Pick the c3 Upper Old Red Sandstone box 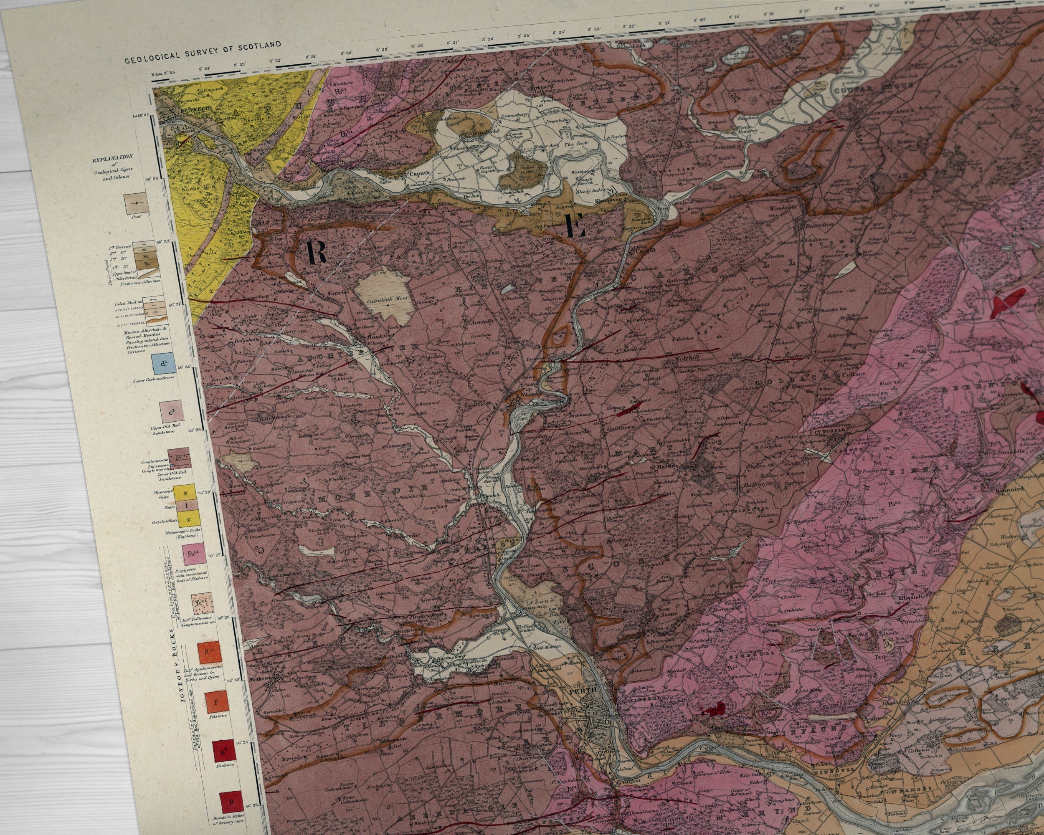(171, 412)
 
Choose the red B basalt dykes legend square (231, 801)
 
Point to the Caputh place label (419, 173)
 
